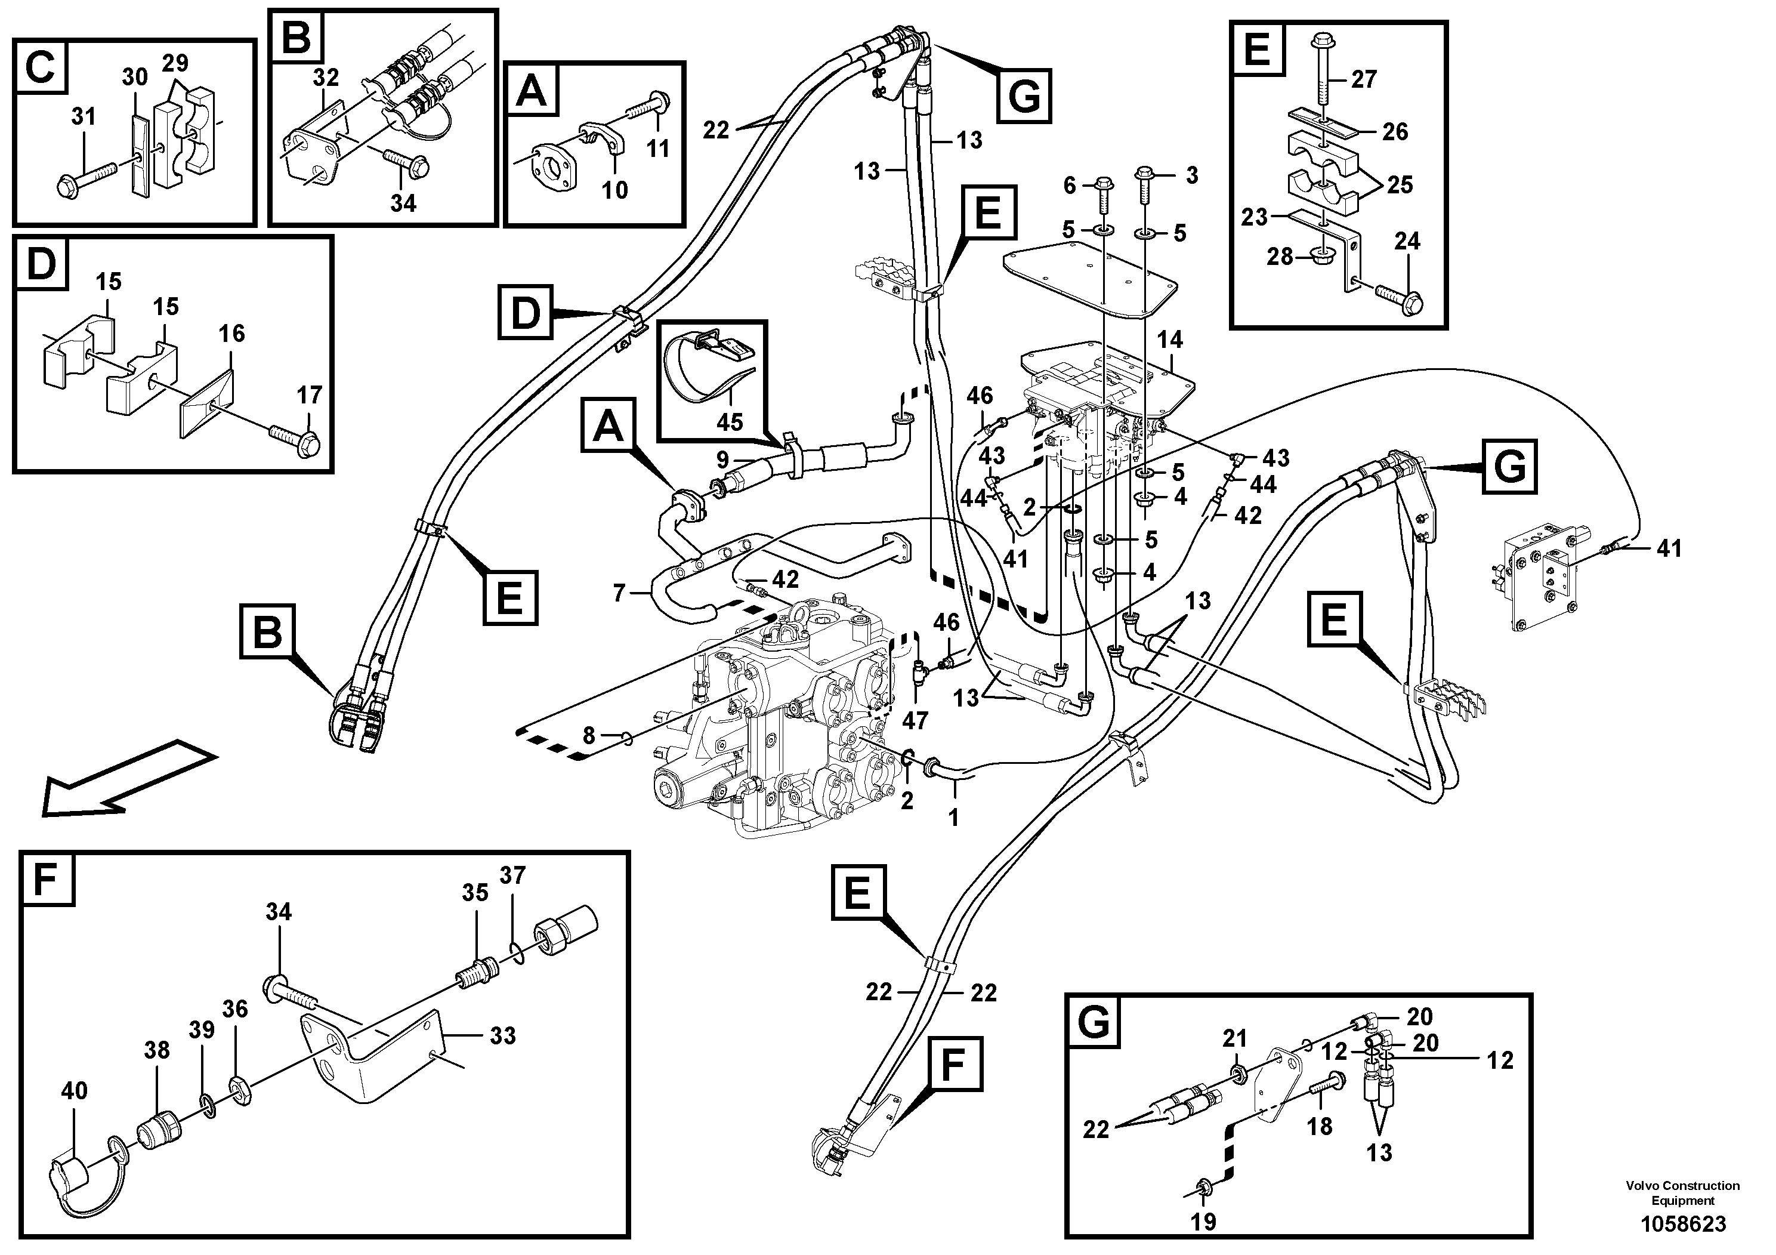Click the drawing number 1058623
pos(1682,1224)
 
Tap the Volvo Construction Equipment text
pos(1682,1192)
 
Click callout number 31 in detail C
pos(84,117)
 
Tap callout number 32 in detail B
pos(326,78)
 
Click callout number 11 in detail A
pos(657,148)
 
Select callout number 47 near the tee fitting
pos(915,720)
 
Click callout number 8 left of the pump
pos(589,735)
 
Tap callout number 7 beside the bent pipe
pos(619,593)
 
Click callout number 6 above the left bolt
pos(1070,185)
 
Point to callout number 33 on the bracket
pos(503,1035)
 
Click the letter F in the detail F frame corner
pos(48,879)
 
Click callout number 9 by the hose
pos(722,460)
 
